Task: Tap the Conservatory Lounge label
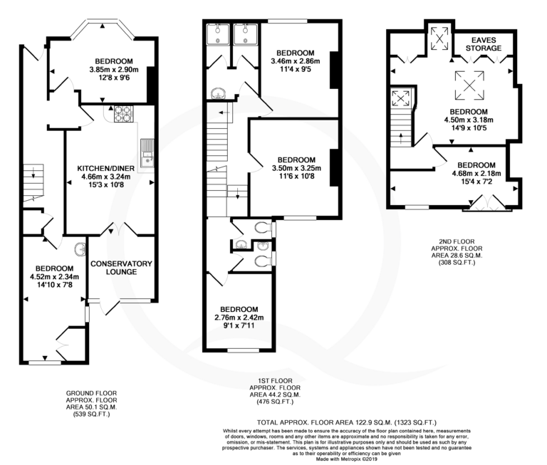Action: click(121, 268)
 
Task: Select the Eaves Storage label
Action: click(484, 44)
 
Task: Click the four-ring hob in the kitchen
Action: click(123, 114)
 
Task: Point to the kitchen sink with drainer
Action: click(147, 153)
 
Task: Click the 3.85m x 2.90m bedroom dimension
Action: click(114, 69)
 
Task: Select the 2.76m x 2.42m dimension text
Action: click(239, 318)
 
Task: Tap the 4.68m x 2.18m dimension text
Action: click(476, 173)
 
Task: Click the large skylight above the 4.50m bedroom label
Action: click(469, 85)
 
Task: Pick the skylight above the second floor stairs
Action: click(400, 98)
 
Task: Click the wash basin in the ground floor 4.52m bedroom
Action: click(80, 249)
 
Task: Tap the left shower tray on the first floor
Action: click(218, 34)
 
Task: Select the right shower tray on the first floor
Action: click(246, 34)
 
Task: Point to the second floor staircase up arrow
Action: click(400, 137)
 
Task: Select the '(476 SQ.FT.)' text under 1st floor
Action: click(275, 402)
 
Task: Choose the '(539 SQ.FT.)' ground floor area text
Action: click(91, 414)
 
